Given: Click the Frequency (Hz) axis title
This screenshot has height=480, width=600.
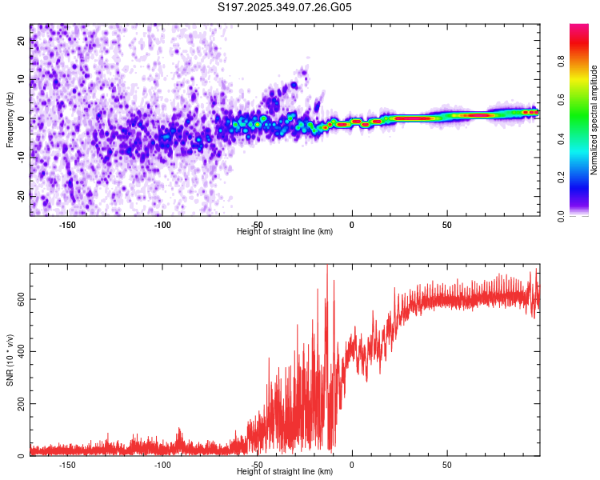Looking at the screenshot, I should (10, 120).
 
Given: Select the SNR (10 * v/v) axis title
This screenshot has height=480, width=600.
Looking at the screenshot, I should (10, 360).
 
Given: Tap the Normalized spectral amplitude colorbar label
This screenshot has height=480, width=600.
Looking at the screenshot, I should (594, 120).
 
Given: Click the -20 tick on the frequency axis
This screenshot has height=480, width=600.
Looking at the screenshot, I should (22, 196).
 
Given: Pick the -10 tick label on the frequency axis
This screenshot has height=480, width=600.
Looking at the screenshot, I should (22, 158).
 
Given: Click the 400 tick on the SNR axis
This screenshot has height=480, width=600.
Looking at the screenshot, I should (22, 351).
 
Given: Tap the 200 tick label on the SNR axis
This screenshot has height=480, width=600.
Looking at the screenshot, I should (22, 404).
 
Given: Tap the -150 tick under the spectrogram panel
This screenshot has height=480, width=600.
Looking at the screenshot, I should (68, 225).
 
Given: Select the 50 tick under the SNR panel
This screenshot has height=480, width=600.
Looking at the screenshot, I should (446, 465).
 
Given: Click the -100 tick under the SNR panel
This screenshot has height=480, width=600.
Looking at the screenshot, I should (162, 465).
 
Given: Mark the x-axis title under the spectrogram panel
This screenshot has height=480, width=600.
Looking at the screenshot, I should (285, 232).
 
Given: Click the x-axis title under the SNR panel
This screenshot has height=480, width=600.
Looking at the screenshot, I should (285, 472).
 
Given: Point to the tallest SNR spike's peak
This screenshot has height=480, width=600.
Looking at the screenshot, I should (327, 266).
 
